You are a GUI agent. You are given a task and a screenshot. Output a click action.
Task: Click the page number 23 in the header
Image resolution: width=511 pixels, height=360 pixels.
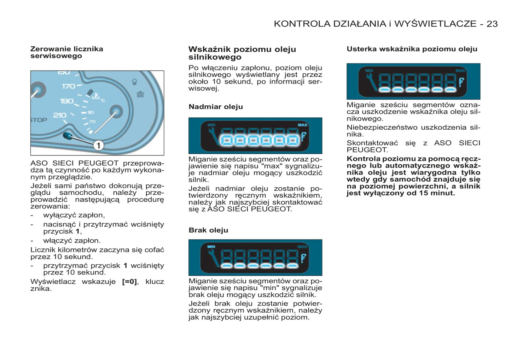492,24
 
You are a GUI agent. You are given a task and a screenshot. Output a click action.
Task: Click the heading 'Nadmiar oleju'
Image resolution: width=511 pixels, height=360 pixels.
216,107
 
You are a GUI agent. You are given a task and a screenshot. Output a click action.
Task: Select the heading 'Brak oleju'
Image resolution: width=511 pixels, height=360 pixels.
208,230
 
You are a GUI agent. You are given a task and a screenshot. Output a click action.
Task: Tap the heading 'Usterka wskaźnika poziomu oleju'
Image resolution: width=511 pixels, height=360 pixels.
412,49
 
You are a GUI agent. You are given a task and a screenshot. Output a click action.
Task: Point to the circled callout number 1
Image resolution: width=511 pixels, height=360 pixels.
98,145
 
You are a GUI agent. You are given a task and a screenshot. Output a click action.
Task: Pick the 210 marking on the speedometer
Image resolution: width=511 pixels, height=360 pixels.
59,115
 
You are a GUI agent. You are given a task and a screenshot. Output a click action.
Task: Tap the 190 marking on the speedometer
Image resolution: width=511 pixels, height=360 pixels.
67,101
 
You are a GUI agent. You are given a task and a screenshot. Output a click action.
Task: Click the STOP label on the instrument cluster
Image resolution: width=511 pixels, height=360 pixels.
39,120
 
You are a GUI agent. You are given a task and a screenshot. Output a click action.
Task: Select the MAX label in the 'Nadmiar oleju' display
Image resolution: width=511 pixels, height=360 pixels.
302,125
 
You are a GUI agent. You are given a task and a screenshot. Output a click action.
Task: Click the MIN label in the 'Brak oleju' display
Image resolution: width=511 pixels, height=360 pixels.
211,247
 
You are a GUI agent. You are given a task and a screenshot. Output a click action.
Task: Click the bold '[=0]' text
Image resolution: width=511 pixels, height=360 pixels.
129,282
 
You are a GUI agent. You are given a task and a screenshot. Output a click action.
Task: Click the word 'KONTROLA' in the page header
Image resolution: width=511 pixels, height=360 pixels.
301,24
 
